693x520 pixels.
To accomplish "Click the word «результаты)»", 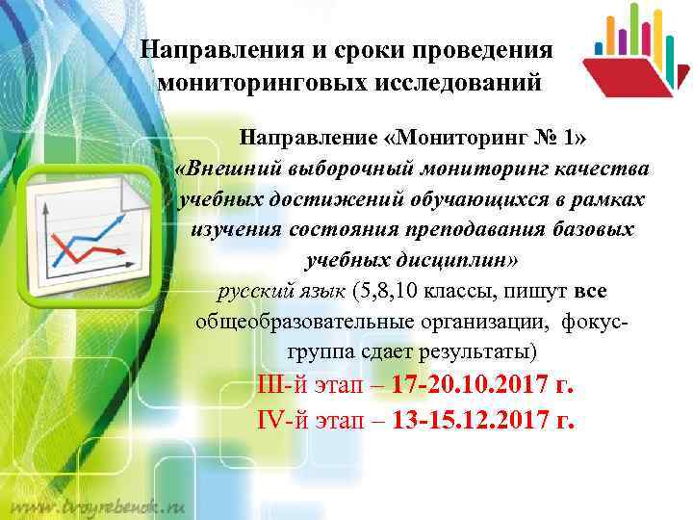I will pyautogui.click(x=490, y=351).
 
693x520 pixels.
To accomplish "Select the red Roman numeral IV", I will pyautogui.click(x=273, y=421).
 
